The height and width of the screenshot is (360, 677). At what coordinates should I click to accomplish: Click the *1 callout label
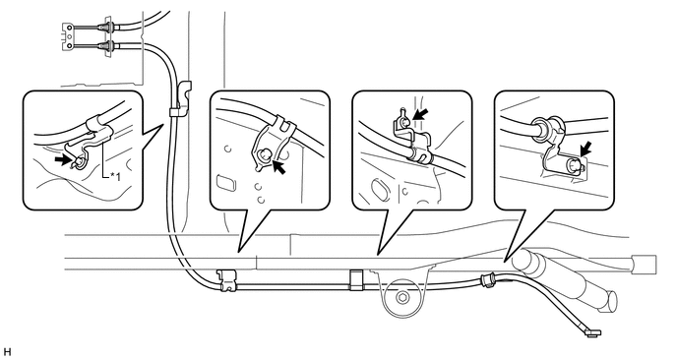115,176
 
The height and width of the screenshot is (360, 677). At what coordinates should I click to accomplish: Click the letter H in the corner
7,352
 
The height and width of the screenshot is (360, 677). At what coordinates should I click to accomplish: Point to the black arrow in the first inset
62,160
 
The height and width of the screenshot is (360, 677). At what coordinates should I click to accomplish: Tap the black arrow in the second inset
279,167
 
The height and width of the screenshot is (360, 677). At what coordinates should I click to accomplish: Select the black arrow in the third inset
421,114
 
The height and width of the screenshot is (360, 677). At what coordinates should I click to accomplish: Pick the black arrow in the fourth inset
585,150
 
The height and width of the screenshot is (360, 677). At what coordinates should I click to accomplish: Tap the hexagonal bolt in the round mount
402,298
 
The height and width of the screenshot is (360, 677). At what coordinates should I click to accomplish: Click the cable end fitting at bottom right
592,331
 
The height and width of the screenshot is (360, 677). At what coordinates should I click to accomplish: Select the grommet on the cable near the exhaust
488,279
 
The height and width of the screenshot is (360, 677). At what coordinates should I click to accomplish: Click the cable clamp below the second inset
227,280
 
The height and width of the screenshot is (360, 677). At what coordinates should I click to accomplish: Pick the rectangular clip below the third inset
356,279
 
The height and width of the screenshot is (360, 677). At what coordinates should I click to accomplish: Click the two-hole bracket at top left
67,36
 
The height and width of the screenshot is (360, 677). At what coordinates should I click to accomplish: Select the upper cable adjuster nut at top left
106,28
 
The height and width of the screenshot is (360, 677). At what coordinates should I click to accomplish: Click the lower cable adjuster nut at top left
106,45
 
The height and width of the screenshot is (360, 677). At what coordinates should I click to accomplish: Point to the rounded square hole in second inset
226,182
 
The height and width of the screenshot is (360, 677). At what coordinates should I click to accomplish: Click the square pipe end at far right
644,265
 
